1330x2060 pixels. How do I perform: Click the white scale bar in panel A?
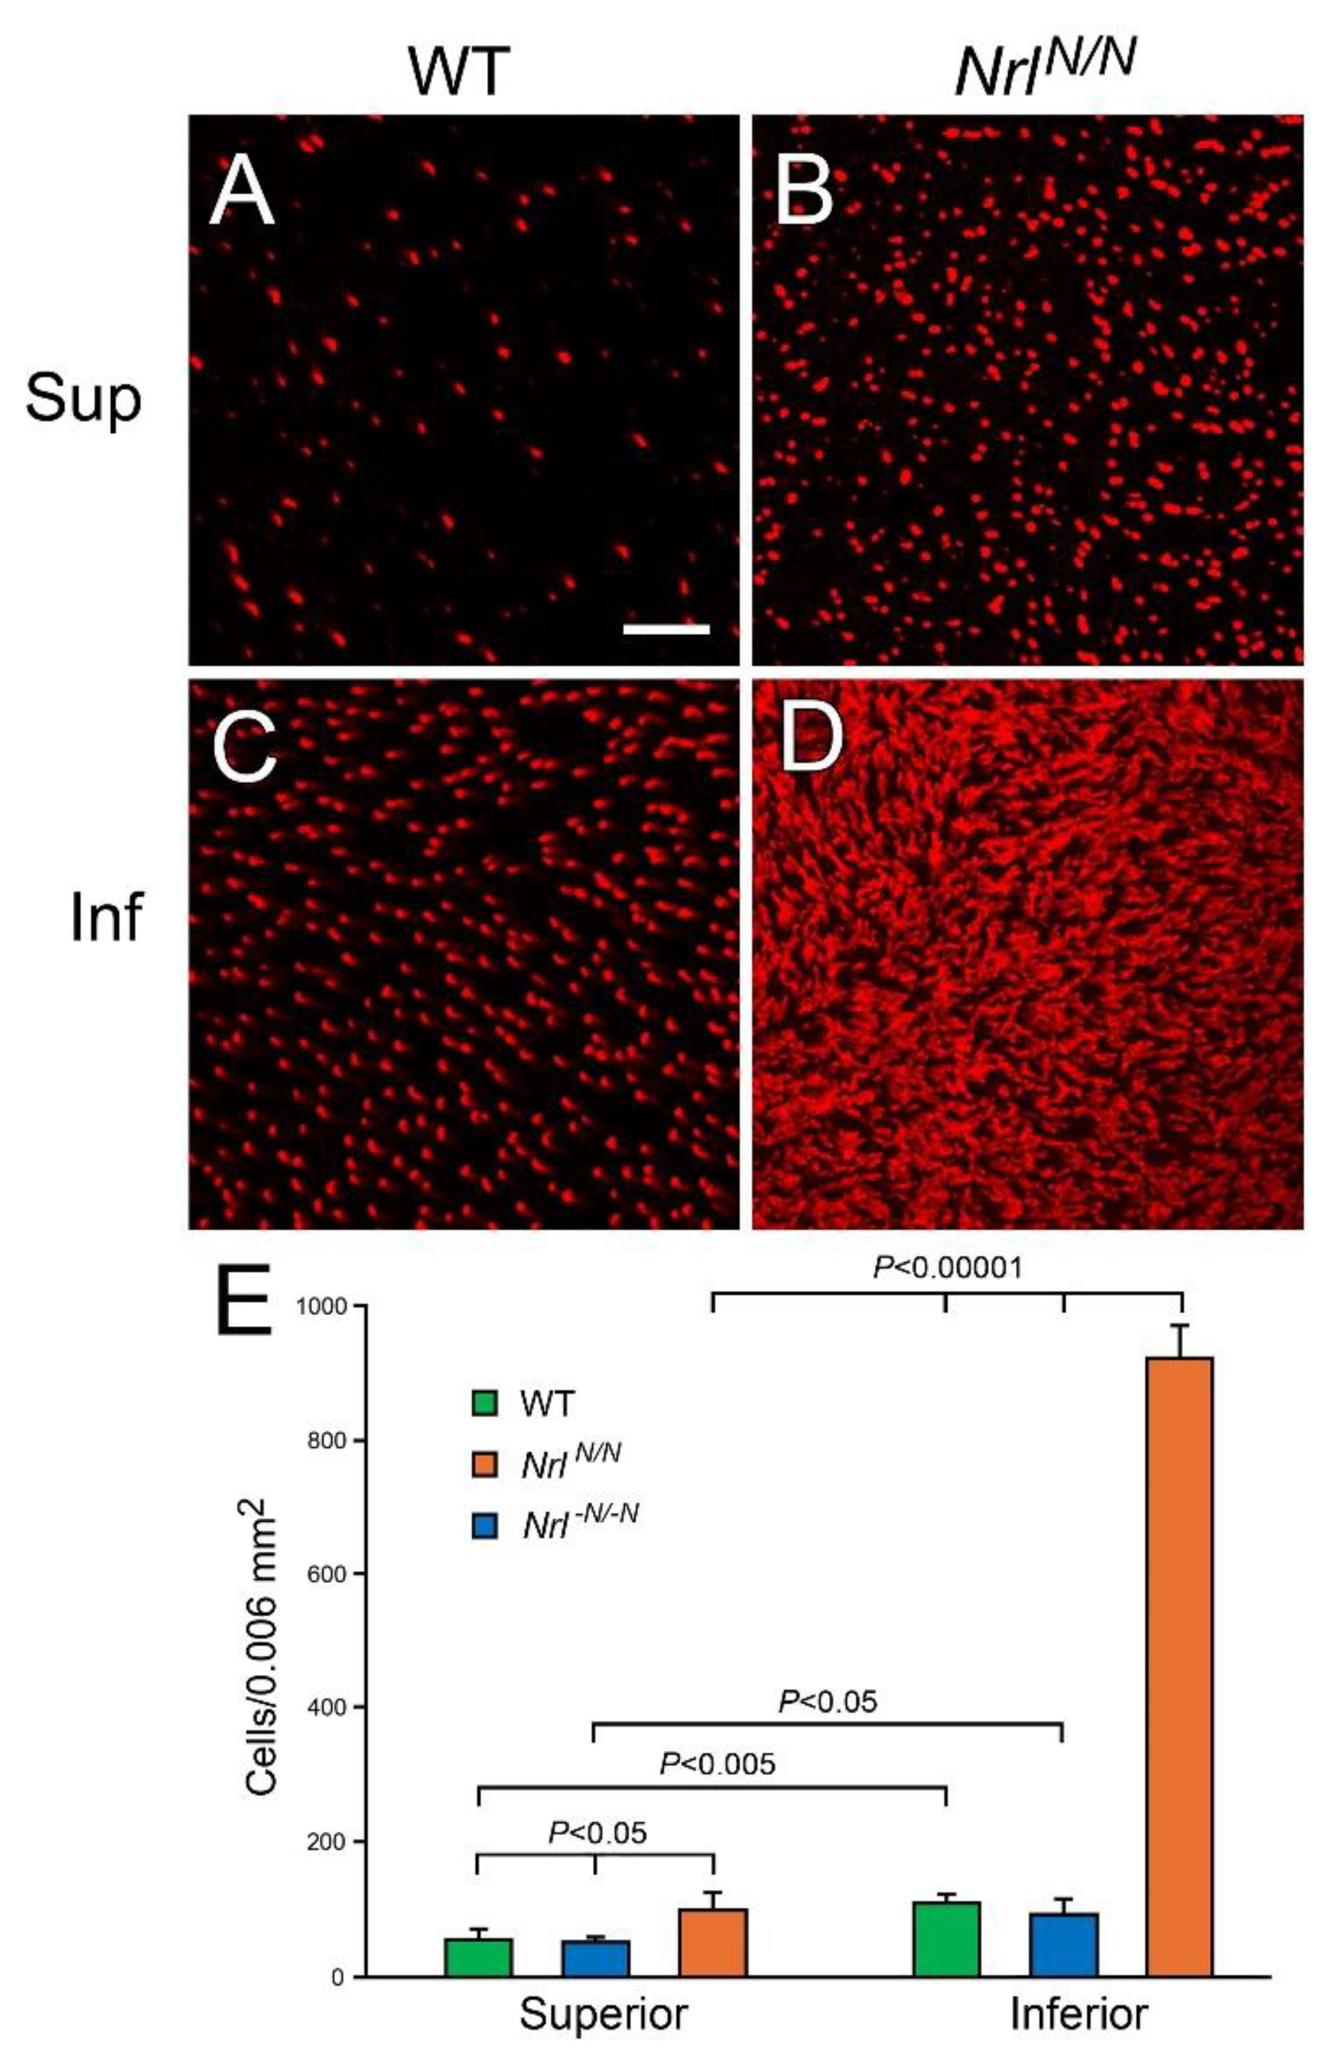pos(666,630)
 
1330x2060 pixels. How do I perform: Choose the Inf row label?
pos(105,918)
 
